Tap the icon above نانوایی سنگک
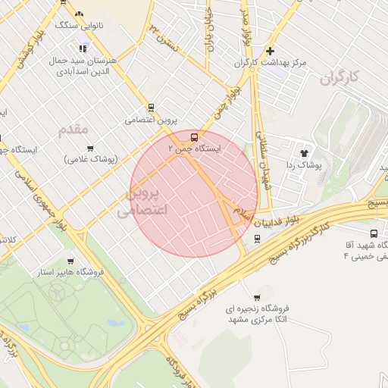tap(80, 13)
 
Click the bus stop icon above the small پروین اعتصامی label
tap(151, 108)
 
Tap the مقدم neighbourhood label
tap(74, 130)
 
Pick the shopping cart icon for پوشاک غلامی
tap(90, 148)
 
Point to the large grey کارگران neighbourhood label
tap(337, 77)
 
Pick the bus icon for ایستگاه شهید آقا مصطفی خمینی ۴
tap(374, 233)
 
